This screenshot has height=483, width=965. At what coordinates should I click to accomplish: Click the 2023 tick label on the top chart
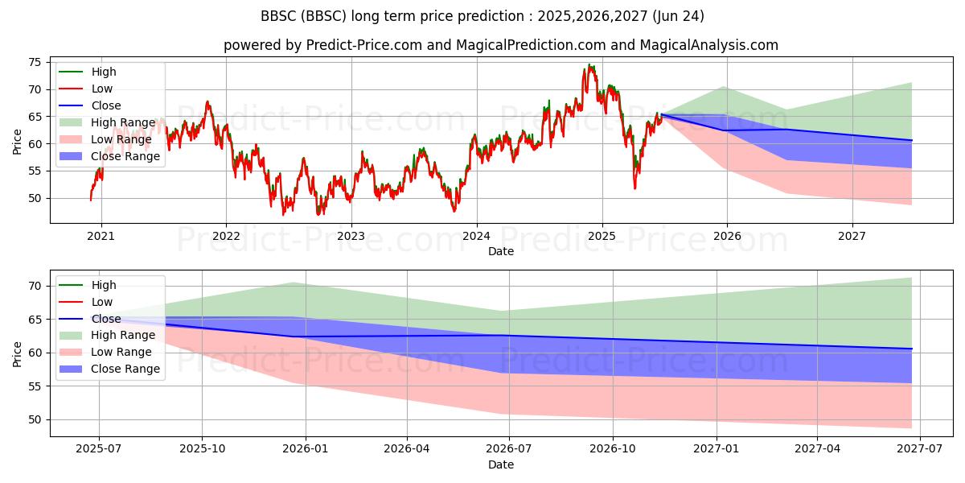pos(351,236)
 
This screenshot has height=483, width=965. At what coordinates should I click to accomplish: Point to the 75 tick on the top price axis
pos(35,63)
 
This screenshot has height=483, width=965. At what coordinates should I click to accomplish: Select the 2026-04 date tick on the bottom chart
pos(407,449)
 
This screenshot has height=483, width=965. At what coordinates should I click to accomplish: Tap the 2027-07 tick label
pos(920,449)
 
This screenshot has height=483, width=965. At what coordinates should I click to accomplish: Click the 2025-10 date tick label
pos(203,449)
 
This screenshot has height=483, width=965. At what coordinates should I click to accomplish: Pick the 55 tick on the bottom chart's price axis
pos(35,386)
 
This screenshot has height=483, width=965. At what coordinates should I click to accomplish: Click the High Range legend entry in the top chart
pos(107,122)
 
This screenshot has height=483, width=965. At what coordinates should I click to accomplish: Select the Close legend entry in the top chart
pos(89,105)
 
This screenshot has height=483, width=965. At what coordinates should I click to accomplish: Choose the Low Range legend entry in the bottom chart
pos(105,352)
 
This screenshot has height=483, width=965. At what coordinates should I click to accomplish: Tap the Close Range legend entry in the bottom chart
pos(109,369)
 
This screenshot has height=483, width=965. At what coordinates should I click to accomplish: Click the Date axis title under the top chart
pos(501,251)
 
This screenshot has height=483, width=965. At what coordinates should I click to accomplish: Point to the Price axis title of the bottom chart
pos(17,354)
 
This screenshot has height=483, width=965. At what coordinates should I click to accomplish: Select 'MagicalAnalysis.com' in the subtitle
pos(708,45)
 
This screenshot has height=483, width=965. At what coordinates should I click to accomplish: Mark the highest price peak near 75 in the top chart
pos(589,64)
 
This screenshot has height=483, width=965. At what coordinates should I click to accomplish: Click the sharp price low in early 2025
pos(634,188)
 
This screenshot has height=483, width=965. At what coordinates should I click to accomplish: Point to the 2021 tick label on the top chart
pos(101,236)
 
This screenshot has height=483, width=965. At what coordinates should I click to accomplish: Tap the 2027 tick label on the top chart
pos(852,236)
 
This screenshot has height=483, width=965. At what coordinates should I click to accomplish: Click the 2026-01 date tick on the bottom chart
pos(306,449)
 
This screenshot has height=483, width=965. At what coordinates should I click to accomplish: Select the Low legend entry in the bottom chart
pos(85,302)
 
